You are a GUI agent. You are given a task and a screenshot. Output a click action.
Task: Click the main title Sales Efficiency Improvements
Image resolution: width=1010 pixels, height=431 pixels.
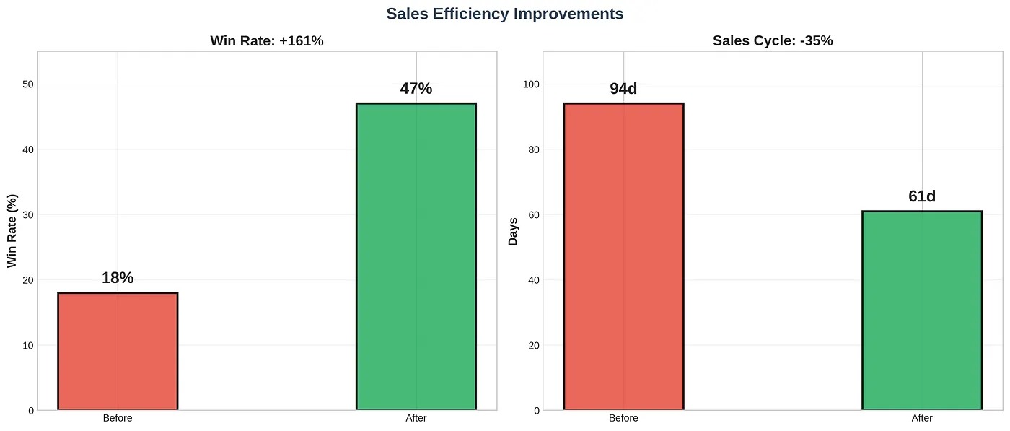[504, 14]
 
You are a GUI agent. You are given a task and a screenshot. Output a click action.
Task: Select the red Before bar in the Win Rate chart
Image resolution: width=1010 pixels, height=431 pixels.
[118, 351]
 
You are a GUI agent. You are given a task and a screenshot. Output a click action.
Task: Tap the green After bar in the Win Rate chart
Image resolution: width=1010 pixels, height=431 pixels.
[416, 256]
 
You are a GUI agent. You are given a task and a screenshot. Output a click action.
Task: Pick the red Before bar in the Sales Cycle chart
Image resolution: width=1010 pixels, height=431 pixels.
[623, 256]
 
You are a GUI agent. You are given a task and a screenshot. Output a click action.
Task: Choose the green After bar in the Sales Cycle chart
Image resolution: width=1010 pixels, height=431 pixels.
[922, 310]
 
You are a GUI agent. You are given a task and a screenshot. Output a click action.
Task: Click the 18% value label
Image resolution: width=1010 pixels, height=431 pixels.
[118, 278]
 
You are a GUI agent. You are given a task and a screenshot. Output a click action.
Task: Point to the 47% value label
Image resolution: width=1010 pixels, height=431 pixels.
[416, 89]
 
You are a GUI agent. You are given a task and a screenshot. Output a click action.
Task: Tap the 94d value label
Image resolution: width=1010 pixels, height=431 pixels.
[623, 89]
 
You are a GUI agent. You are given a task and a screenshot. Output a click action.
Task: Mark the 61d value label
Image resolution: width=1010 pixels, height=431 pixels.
[922, 196]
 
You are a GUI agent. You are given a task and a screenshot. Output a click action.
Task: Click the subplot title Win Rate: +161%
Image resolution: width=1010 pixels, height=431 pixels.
[267, 41]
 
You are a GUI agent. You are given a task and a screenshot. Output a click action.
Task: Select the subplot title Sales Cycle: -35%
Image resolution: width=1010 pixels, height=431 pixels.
[773, 41]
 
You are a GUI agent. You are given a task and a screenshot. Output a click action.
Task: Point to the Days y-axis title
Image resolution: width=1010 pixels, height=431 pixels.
[514, 230]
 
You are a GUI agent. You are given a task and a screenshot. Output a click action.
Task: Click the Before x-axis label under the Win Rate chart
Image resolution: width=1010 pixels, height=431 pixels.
[118, 418]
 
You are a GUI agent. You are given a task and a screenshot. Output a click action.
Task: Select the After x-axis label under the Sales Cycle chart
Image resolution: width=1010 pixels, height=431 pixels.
[922, 418]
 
